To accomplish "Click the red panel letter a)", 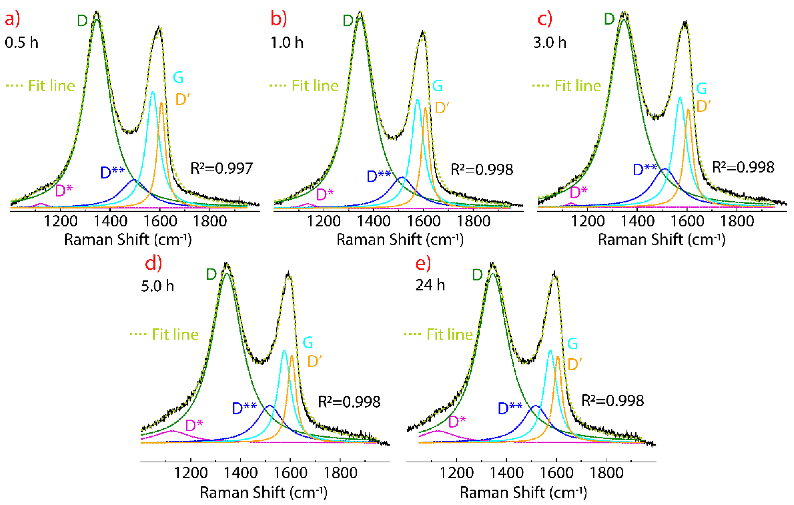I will tap(12, 19).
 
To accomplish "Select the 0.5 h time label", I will tap(22, 43).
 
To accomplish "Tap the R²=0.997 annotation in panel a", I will tap(222, 168).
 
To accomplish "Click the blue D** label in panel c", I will tap(645, 169).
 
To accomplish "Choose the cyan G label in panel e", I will tap(572, 344).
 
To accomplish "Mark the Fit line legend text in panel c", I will tap(578, 86).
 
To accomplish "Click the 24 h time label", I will tap(430, 285).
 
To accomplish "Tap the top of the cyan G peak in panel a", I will tap(153, 92).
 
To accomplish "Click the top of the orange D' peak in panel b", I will tap(425, 108).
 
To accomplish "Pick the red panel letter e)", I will tap(423, 264).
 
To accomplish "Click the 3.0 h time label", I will tap(550, 43).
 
